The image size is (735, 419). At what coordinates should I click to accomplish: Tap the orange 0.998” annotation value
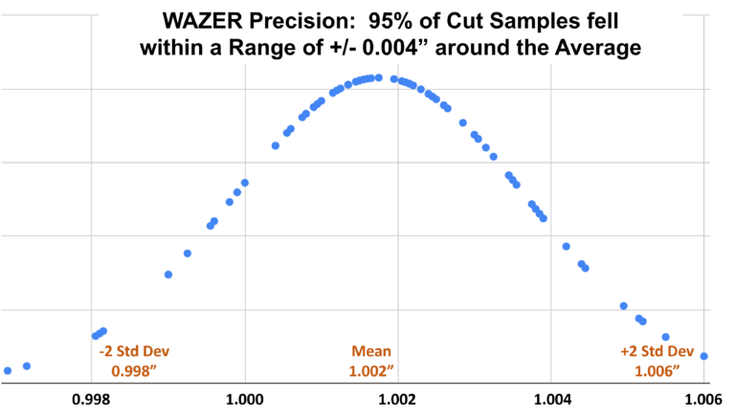tap(134, 370)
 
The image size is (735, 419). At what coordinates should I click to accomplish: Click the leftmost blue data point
tap(8, 370)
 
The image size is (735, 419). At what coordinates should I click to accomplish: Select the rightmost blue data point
tap(703, 356)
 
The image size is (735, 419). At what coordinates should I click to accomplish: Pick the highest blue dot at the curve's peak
tap(379, 77)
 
